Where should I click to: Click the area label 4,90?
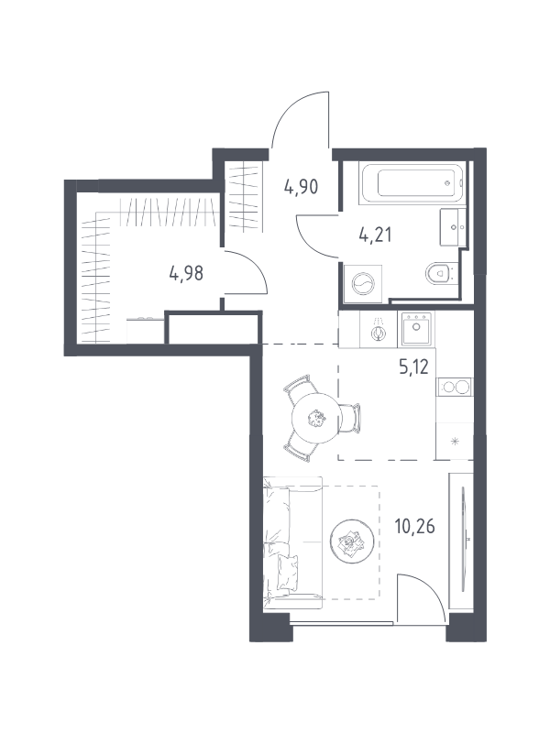pos(301,187)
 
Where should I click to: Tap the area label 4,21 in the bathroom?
pos(375,235)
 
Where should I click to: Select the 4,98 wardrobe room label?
pos(186,273)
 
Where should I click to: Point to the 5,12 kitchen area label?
pos(414,367)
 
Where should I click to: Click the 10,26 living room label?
pos(415,526)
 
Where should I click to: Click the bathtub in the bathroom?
pos(412,183)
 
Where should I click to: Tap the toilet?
pos(441,273)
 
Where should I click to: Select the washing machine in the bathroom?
pos(363,282)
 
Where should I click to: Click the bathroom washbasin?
pos(453,227)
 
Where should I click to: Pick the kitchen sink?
pos(415,329)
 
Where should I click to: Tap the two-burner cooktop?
pos(455,387)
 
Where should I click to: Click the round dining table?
pos(315,417)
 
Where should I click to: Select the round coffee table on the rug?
pos(352,542)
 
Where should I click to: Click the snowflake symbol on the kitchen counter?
pos(455,441)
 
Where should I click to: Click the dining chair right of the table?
pos(352,418)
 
